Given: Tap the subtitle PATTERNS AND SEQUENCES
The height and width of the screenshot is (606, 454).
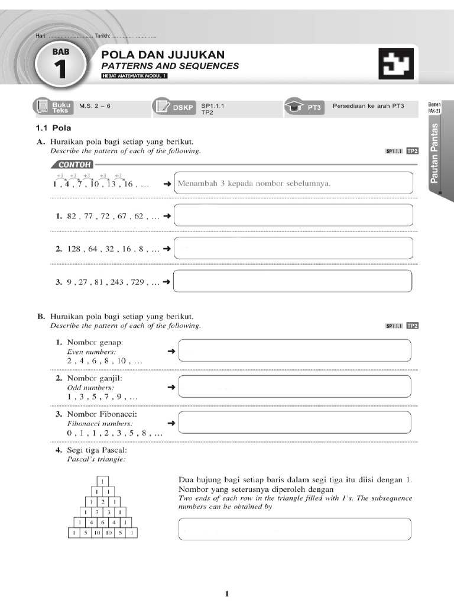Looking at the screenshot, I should pyautogui.click(x=170, y=66).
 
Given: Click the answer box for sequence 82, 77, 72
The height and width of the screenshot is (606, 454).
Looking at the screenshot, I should pyautogui.click(x=293, y=216).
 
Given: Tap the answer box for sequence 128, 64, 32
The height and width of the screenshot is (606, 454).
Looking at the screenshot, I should pyautogui.click(x=293, y=249).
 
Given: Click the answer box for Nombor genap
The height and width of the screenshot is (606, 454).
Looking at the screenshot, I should pyautogui.click(x=294, y=350).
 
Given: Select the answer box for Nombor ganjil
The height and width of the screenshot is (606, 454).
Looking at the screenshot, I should pyautogui.click(x=294, y=386).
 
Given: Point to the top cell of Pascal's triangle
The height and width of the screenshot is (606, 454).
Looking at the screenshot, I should pyautogui.click(x=103, y=482).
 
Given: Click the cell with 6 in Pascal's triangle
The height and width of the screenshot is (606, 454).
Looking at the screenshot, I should pyautogui.click(x=103, y=523).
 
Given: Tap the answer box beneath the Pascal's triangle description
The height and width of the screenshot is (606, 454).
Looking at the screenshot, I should pyautogui.click(x=294, y=528).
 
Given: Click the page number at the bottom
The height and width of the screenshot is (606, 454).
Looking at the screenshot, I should pyautogui.click(x=227, y=594).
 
